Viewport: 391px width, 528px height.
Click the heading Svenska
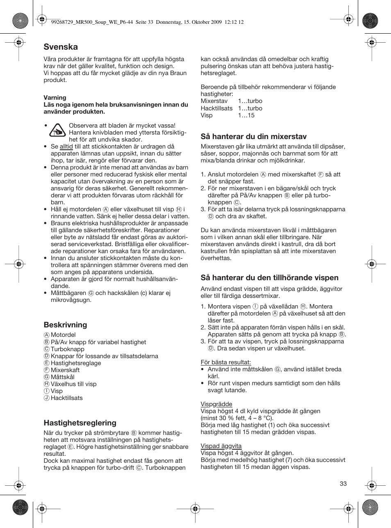(61, 47)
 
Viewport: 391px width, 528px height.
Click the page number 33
(343, 484)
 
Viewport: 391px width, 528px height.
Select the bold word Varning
(55, 98)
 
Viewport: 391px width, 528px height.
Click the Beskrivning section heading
(65, 325)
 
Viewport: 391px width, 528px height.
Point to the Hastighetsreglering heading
(80, 423)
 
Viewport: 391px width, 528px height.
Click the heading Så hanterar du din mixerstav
(253, 137)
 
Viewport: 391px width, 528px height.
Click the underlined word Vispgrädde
(216, 404)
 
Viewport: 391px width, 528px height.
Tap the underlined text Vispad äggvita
(221, 446)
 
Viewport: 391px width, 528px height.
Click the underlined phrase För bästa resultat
(225, 362)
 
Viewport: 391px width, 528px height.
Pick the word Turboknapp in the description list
(67, 349)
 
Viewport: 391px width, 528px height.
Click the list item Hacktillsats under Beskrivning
(66, 398)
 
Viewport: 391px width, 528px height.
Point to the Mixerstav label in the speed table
(214, 101)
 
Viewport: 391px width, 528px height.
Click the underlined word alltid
(66, 146)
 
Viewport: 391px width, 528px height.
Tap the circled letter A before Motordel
(47, 335)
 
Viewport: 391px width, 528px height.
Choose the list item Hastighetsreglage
(75, 363)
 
